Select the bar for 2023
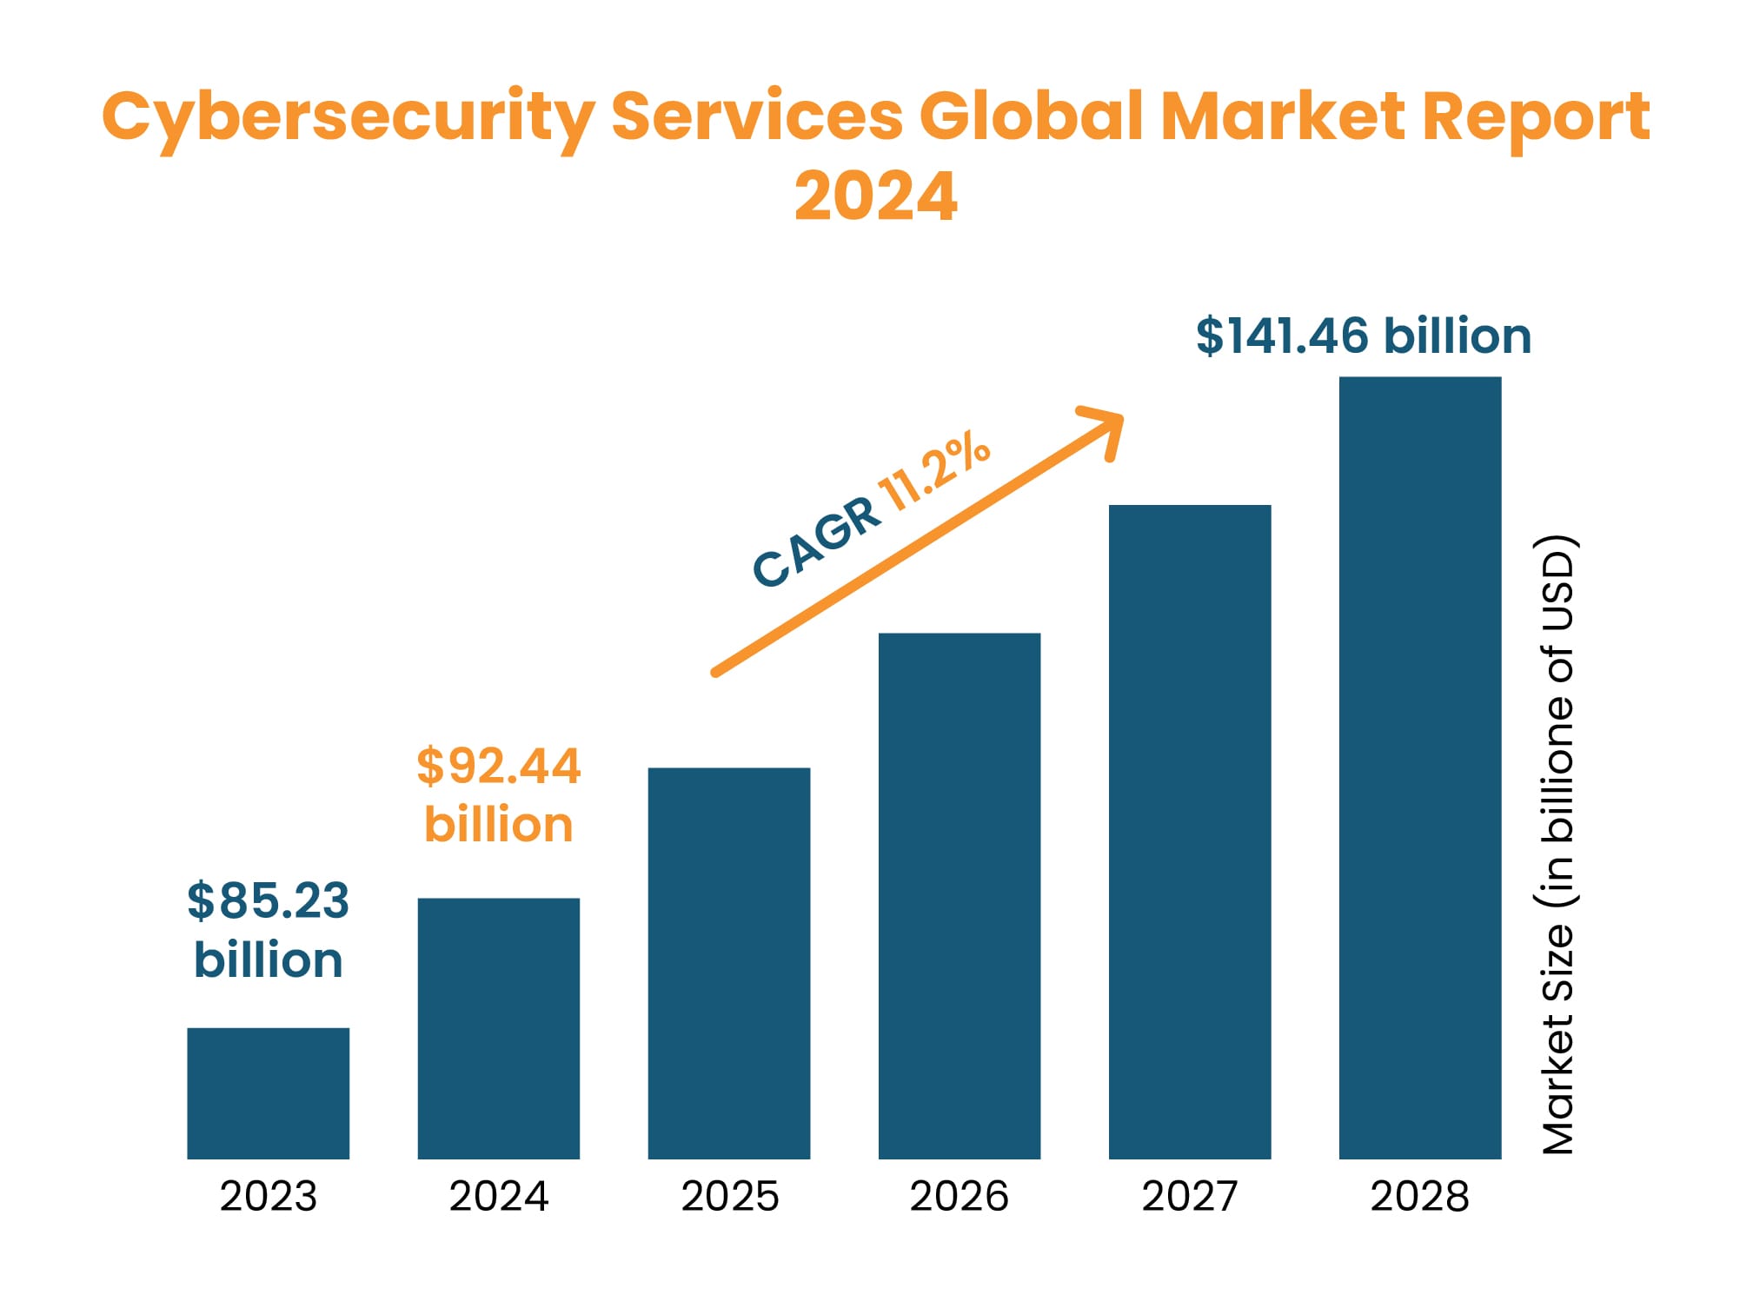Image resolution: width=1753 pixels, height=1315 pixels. (x=268, y=1093)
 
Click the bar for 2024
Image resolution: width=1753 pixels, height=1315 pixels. (x=498, y=1027)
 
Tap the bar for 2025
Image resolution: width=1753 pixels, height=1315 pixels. (x=728, y=962)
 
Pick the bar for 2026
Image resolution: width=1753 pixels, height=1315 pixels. (x=959, y=895)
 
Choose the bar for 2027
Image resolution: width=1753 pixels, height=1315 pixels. (x=1189, y=831)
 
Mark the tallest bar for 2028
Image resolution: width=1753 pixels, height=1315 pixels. (x=1419, y=767)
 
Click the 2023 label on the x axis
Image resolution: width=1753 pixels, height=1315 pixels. (x=268, y=1196)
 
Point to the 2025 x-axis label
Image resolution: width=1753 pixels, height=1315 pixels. (x=729, y=1196)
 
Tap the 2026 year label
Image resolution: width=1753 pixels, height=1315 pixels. (x=959, y=1196)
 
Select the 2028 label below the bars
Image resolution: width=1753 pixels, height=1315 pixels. (x=1419, y=1196)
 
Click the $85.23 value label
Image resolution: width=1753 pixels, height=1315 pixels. (x=268, y=900)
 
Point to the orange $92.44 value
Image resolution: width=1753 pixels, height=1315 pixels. (x=498, y=766)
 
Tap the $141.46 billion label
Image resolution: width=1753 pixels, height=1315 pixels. (x=1363, y=336)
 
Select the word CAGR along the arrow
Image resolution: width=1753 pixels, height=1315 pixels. (x=816, y=542)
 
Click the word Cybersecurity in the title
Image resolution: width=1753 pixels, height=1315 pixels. (x=348, y=117)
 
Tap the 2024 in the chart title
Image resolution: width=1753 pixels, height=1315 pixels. (x=875, y=196)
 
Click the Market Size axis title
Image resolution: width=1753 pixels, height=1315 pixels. (x=1557, y=843)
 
